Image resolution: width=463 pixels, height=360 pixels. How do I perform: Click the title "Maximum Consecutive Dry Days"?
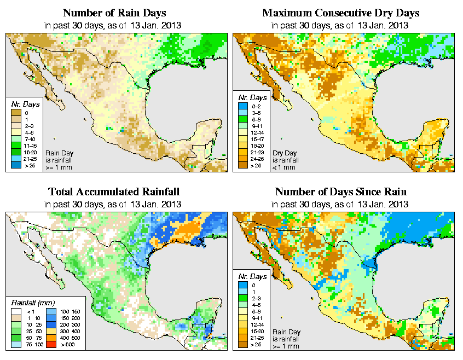coord(341,13)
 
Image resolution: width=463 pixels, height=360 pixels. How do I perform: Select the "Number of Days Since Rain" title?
coord(341,192)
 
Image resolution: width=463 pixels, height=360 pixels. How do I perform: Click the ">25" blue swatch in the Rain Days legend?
coord(16,165)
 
